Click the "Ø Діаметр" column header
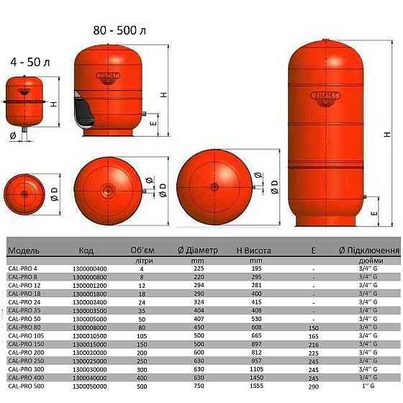(198, 250)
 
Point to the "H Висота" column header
(254, 250)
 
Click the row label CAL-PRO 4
(21, 268)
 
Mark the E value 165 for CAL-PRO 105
(313, 336)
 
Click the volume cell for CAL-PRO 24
(141, 302)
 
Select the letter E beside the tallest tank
(374, 214)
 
